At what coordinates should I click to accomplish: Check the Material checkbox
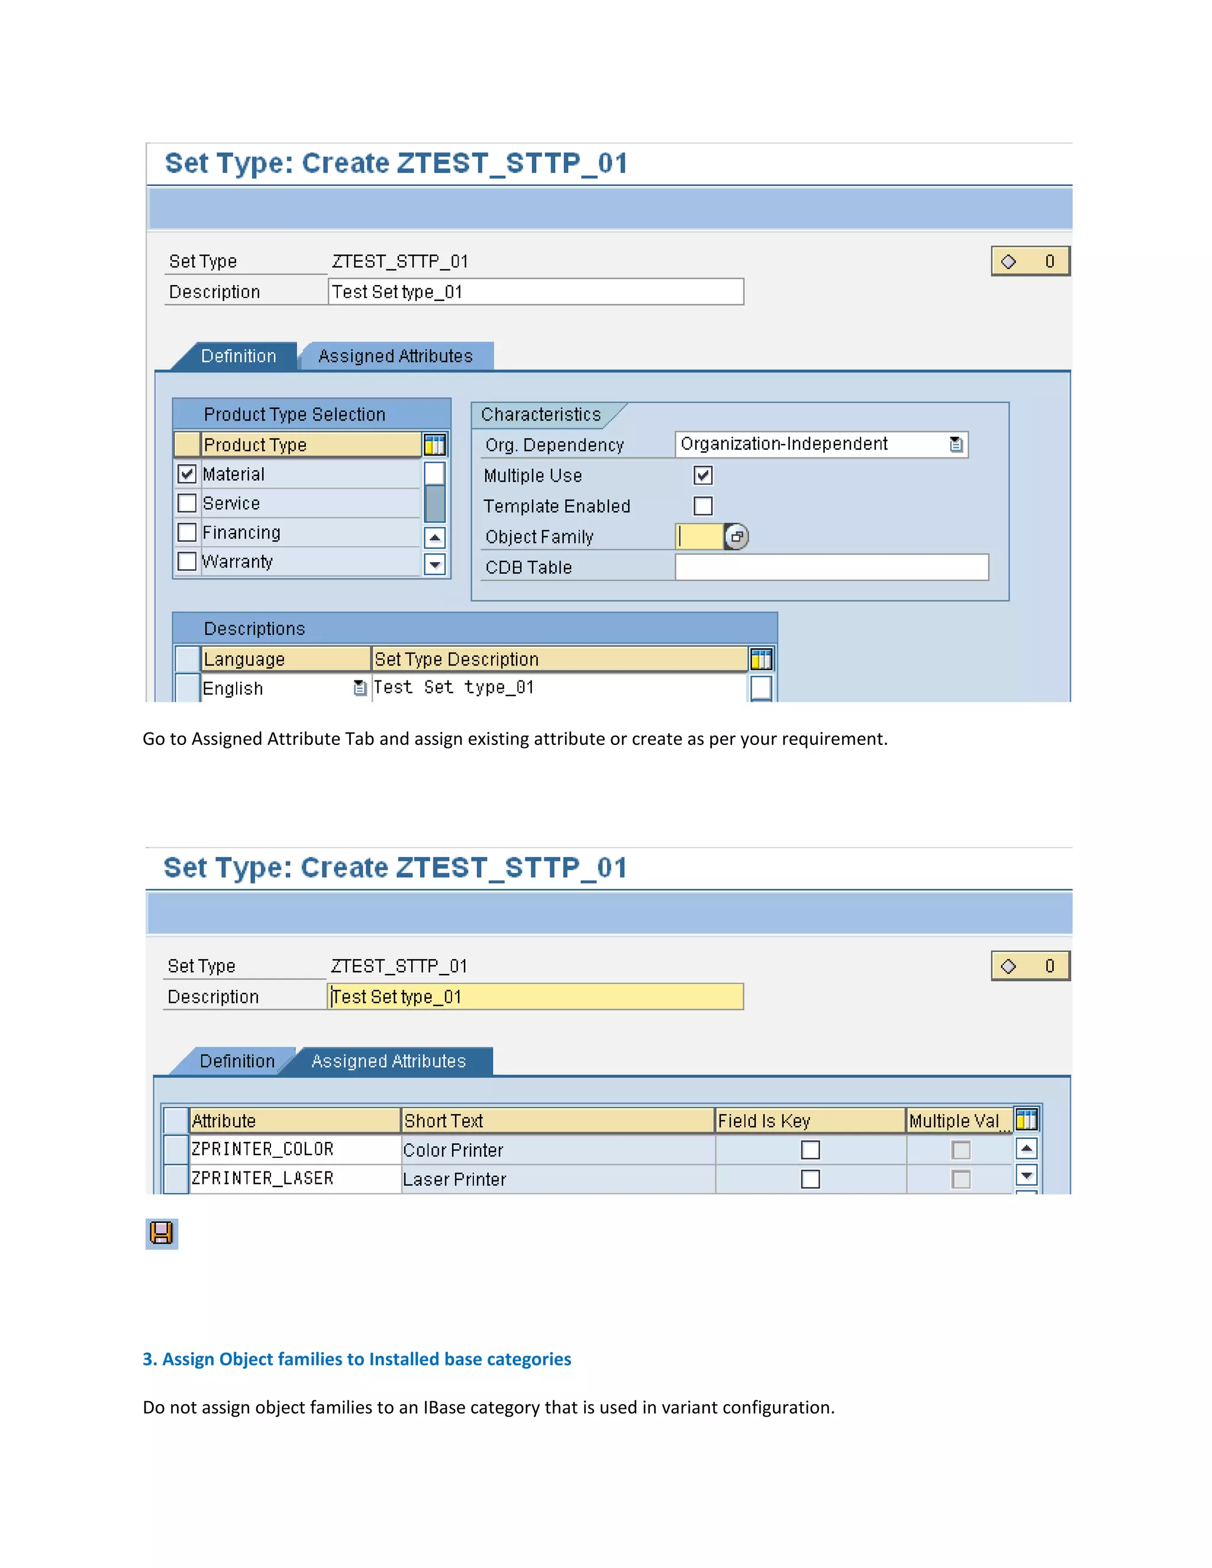(x=186, y=474)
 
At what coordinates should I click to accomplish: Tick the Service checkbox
(x=186, y=504)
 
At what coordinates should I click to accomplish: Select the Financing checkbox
(x=186, y=533)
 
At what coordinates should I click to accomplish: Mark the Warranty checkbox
(x=186, y=562)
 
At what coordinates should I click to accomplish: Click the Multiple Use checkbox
(x=703, y=475)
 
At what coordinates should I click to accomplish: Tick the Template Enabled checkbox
(x=703, y=506)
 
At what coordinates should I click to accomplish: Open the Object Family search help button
(x=737, y=537)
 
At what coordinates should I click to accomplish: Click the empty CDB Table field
(x=831, y=567)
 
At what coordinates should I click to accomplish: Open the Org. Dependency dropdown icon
(x=956, y=444)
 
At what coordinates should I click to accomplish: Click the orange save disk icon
(x=162, y=1234)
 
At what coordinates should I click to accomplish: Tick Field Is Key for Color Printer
(x=810, y=1150)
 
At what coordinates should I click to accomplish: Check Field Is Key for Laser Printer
(x=810, y=1180)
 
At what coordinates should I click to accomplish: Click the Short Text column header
(x=557, y=1121)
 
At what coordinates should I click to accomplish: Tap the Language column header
(x=285, y=659)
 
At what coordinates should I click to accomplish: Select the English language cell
(x=276, y=689)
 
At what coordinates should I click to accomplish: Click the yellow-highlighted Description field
(x=536, y=997)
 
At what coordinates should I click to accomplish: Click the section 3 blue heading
(x=357, y=1359)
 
